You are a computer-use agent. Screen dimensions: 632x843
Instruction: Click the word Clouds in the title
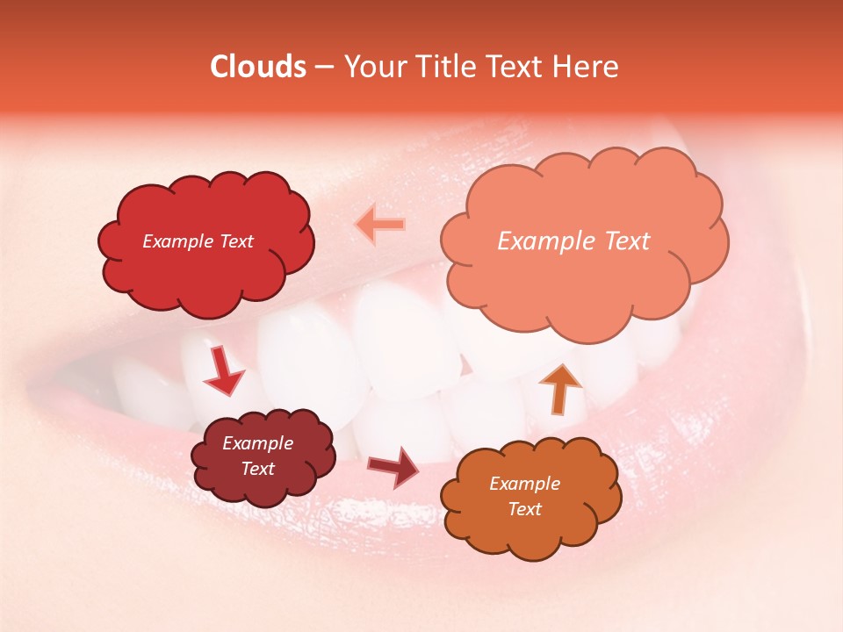pos(257,67)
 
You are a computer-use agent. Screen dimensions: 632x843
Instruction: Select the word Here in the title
pos(586,67)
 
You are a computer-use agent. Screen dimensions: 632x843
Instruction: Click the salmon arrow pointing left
pos(379,225)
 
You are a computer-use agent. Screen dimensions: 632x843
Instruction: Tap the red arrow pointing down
pos(224,370)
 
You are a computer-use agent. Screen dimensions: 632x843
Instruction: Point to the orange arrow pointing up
pos(560,387)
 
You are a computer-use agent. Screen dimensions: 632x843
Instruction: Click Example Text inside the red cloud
pos(198,241)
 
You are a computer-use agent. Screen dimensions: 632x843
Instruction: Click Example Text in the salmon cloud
pos(573,241)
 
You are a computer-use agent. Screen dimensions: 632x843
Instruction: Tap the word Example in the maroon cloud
pos(257,443)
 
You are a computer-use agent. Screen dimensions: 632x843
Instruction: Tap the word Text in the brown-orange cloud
pos(524,509)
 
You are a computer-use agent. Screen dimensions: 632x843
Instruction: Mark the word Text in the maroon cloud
pos(257,469)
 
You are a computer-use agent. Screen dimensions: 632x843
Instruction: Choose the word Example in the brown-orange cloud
pos(524,484)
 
